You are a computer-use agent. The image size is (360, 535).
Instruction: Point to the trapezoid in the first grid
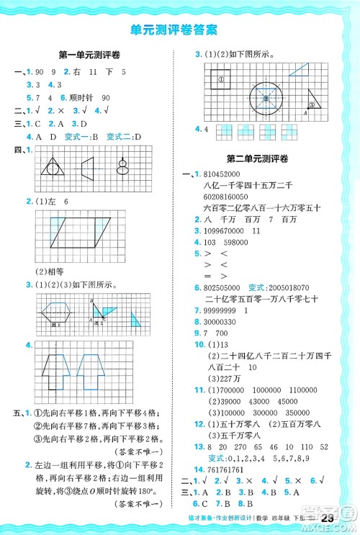coord(87,167)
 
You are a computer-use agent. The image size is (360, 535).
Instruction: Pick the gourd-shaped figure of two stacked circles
coord(122,166)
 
